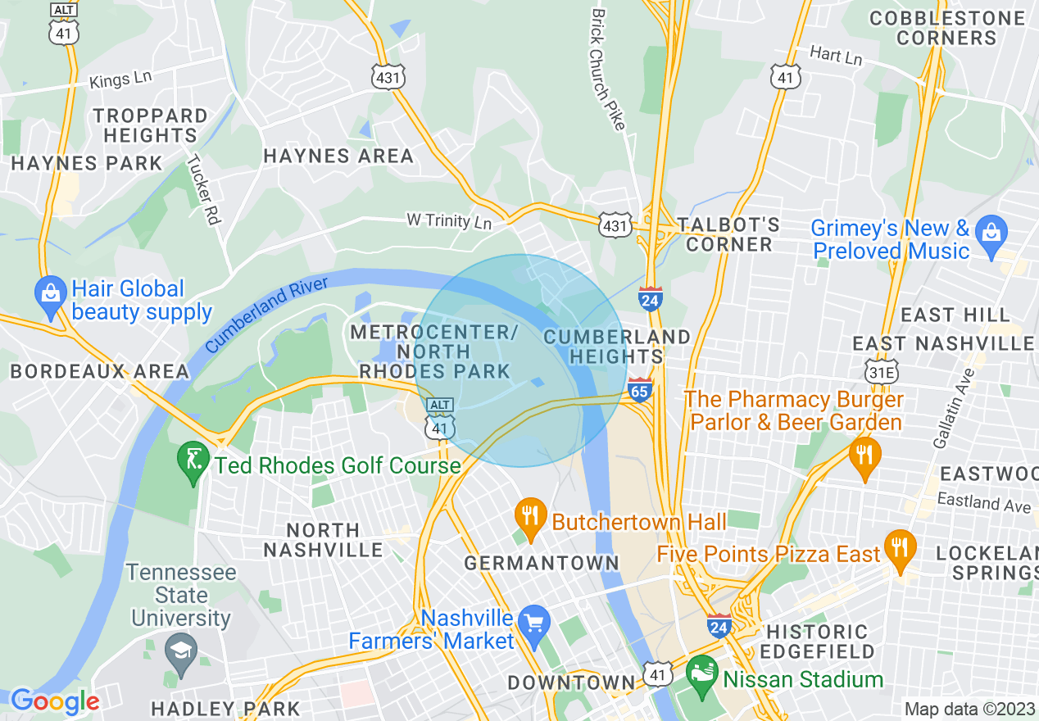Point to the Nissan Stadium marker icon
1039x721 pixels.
click(701, 674)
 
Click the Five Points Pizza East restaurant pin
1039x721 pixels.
click(901, 549)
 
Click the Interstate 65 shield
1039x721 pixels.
click(641, 392)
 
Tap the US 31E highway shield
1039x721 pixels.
click(880, 370)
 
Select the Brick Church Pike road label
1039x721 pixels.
click(608, 69)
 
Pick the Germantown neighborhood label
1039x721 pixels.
click(541, 564)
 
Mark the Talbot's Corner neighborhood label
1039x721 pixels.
click(728, 234)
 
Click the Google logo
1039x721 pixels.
click(54, 701)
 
